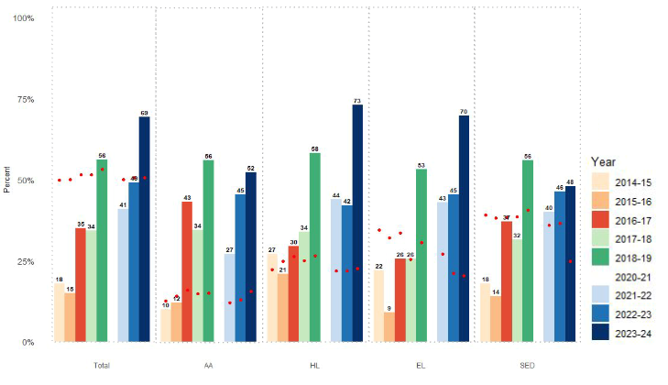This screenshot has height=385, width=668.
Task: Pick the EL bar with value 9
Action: click(389, 327)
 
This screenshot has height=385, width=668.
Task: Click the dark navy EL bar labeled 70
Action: click(464, 228)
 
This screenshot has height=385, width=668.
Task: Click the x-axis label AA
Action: click(208, 366)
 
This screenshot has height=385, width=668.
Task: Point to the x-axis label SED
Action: click(527, 366)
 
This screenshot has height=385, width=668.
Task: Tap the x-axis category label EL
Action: click(421, 366)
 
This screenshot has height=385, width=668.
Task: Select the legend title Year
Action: click(606, 161)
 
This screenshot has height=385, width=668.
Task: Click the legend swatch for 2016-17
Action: click(602, 219)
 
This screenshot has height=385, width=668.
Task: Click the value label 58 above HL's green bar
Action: click(315, 148)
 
